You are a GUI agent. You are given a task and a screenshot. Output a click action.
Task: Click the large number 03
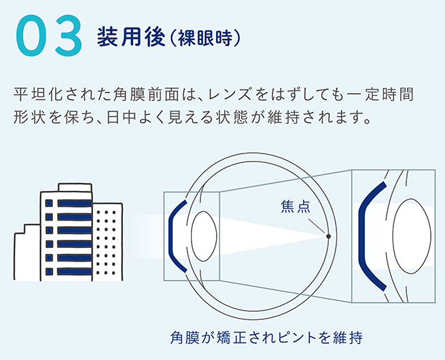tap(49, 35)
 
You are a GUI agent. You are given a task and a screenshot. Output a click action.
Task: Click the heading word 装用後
tap(131, 37)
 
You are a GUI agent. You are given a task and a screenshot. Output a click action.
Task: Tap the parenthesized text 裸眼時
tap(204, 38)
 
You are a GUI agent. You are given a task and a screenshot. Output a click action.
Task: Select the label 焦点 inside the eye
tap(296, 206)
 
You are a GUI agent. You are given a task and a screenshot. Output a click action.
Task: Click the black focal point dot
tap(328, 236)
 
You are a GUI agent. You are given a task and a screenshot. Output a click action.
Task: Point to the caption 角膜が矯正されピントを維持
tap(266, 338)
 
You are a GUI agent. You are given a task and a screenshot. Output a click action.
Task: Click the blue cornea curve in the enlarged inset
tap(361, 237)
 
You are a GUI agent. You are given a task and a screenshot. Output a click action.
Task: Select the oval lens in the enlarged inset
tap(412, 236)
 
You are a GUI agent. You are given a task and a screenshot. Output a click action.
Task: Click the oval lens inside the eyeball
tap(204, 236)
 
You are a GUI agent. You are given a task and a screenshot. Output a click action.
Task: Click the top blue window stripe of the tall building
tap(75, 203)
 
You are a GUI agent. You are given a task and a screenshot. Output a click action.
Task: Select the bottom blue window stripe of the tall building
tap(75, 271)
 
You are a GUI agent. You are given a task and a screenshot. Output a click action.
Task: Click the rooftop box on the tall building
tap(75, 187)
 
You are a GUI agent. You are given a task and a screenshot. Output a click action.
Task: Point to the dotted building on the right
tap(107, 242)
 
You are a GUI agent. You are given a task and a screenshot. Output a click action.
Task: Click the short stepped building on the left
tap(27, 253)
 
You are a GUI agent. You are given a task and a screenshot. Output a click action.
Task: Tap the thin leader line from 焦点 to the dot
tap(317, 226)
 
